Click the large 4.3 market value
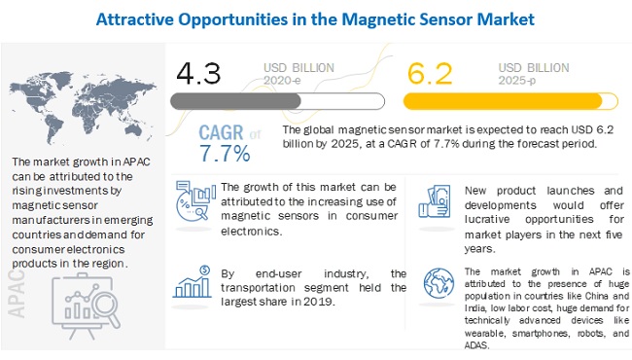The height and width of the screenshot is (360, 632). [x=198, y=73]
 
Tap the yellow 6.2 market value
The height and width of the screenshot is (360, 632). [x=430, y=73]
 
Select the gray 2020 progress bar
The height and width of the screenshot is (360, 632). [x=277, y=101]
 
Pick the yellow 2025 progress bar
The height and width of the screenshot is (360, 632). [x=510, y=101]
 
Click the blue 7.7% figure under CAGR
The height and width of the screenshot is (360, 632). [x=225, y=154]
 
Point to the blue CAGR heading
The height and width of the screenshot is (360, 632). [x=221, y=132]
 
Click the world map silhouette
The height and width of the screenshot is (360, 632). [x=83, y=107]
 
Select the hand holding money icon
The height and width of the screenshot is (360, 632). [x=435, y=201]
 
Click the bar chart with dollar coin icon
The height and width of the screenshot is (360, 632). [x=193, y=282]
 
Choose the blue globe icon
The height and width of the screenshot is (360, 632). [x=439, y=283]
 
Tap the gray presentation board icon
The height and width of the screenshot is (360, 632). [x=87, y=306]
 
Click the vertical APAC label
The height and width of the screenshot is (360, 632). [x=17, y=293]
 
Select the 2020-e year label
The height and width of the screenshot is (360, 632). [x=282, y=81]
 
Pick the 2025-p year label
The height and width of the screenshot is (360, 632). [x=517, y=81]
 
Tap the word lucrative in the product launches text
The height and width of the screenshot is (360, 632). [x=487, y=219]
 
